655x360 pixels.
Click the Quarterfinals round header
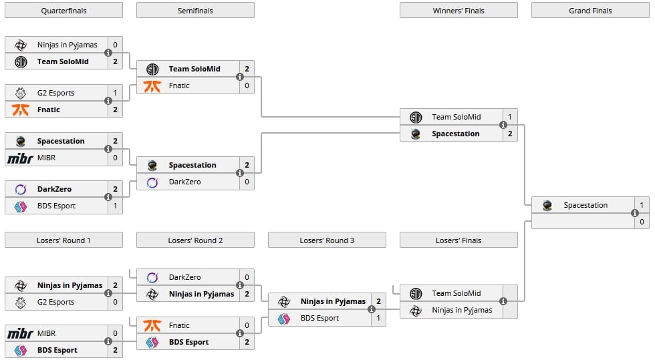[63, 11]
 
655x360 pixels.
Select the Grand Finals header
[590, 11]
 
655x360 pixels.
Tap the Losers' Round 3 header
[327, 240]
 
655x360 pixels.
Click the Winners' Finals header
[458, 11]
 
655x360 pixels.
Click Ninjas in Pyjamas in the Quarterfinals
[68, 45]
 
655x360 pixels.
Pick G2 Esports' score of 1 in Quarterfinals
[115, 93]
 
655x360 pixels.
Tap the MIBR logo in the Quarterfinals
[20, 158]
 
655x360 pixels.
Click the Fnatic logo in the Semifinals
[152, 86]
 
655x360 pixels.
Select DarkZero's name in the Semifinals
[184, 182]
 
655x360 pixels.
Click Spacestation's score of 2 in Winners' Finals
[510, 134]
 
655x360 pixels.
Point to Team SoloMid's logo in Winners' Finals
[416, 118]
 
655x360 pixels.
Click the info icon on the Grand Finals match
[634, 213]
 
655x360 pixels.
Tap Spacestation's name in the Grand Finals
[585, 205]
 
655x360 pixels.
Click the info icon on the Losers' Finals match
[503, 301]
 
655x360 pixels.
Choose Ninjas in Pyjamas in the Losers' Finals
[462, 310]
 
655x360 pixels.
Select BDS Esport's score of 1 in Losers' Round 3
[378, 318]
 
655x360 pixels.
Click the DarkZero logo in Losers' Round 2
[152, 277]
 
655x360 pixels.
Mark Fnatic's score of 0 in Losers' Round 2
[247, 325]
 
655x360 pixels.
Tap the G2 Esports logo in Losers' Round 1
[21, 302]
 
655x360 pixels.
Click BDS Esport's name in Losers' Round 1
[57, 350]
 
